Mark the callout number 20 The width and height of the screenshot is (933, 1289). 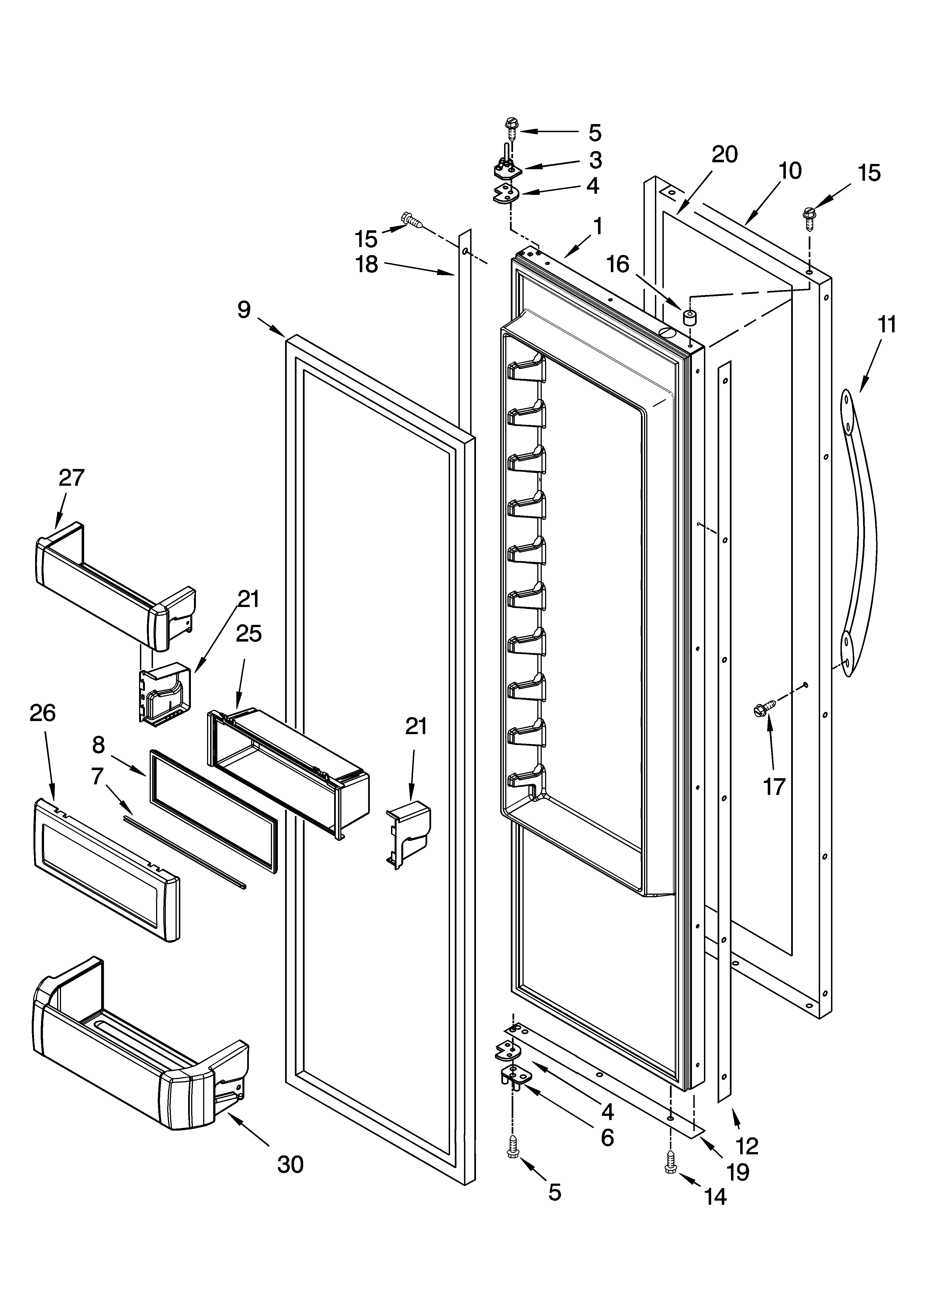click(x=725, y=154)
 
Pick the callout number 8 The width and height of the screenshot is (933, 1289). click(x=99, y=744)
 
